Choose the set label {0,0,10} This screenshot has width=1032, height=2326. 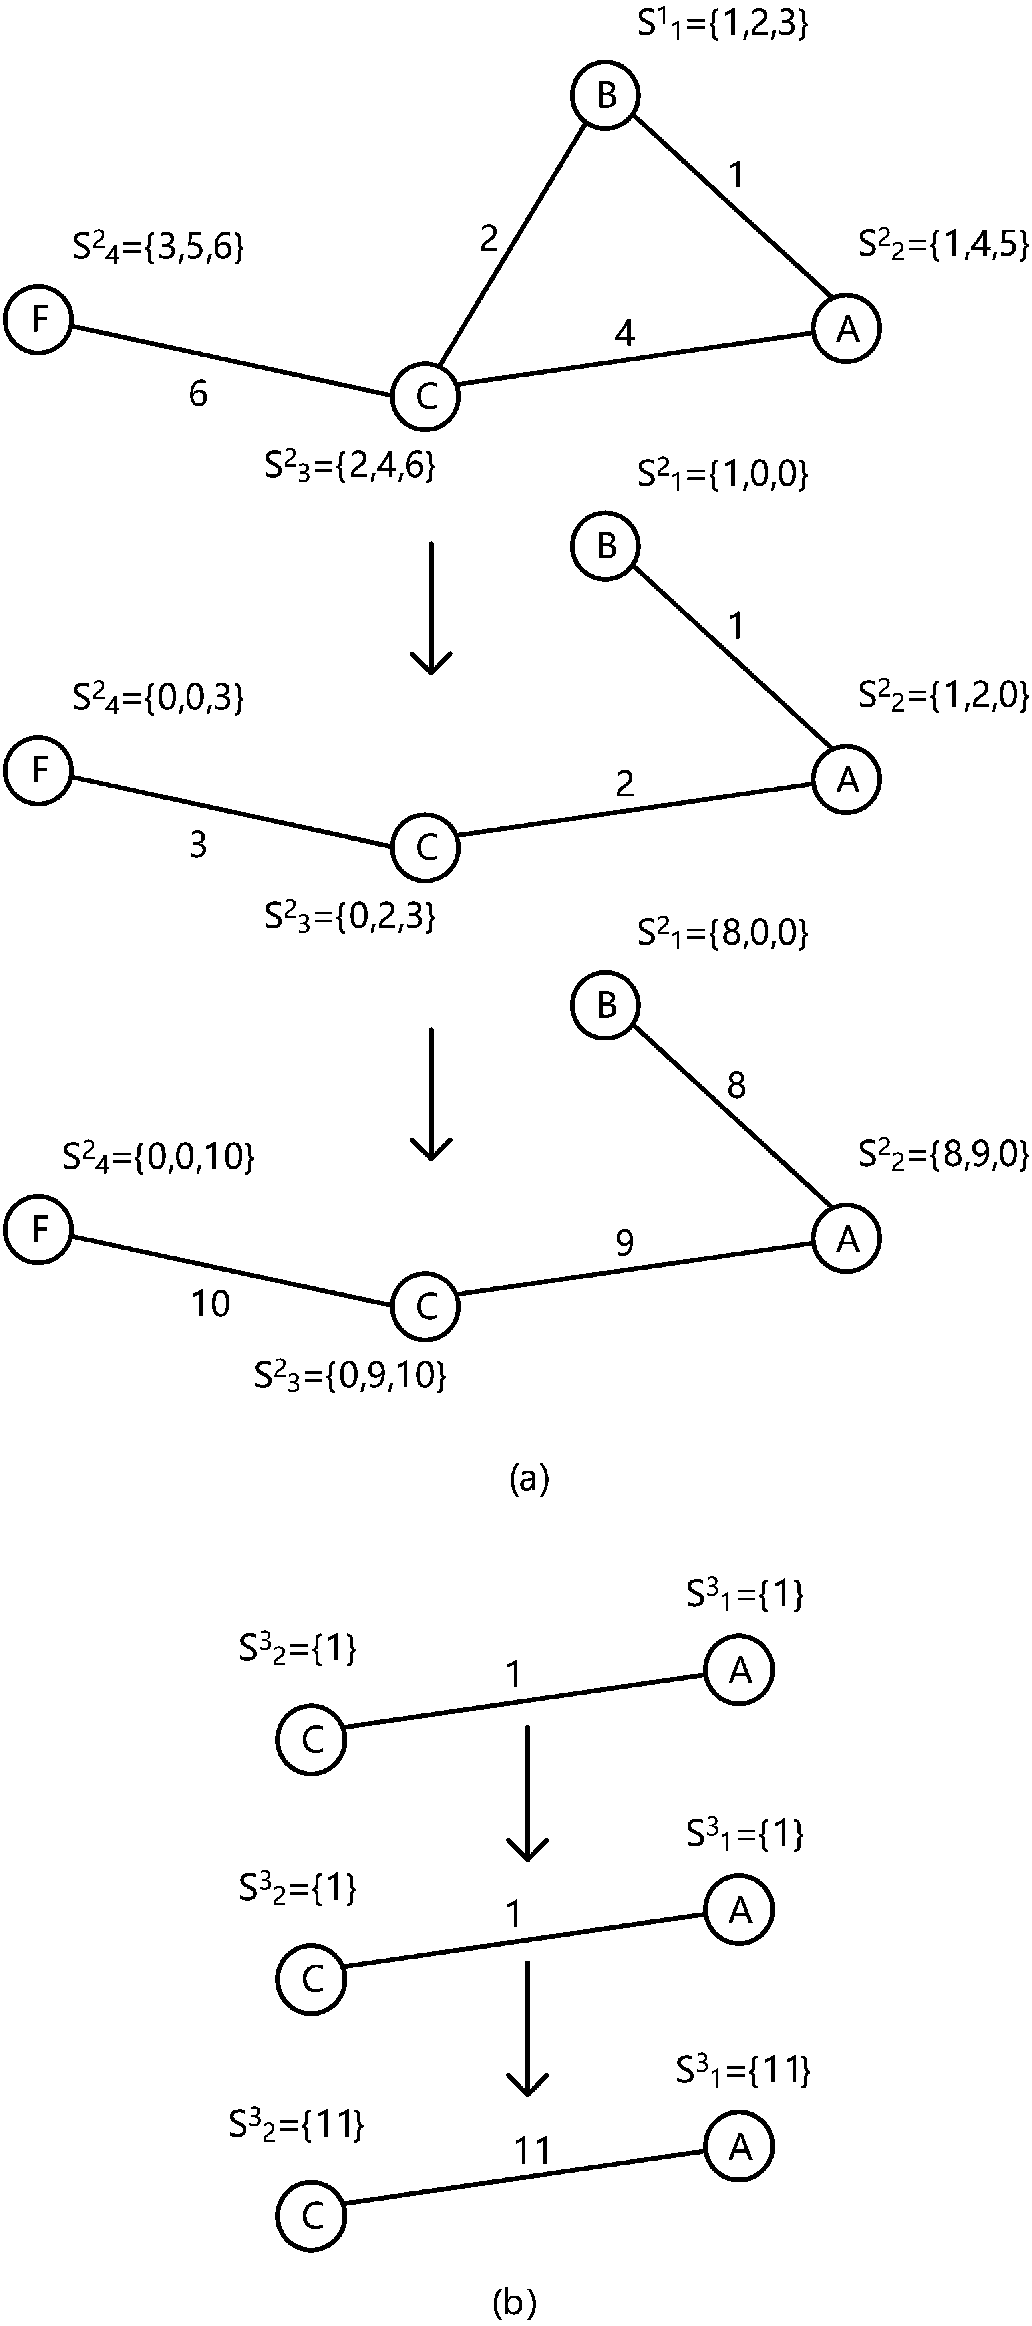click(x=158, y=1157)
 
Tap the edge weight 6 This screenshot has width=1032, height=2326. click(x=198, y=394)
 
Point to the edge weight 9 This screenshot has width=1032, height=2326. click(x=624, y=1244)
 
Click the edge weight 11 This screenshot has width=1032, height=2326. click(x=533, y=2152)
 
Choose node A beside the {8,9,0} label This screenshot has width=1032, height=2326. click(x=846, y=1239)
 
